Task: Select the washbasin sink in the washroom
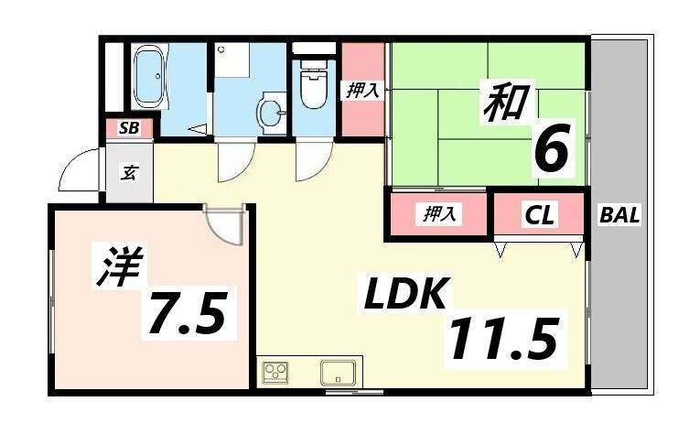click(x=270, y=113)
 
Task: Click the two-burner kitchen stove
click(x=275, y=373)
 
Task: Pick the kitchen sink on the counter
click(x=337, y=374)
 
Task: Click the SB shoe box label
click(x=129, y=128)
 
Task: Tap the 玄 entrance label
click(x=130, y=171)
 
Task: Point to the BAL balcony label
click(x=619, y=216)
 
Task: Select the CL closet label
click(x=539, y=216)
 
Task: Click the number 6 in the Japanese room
click(x=553, y=148)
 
